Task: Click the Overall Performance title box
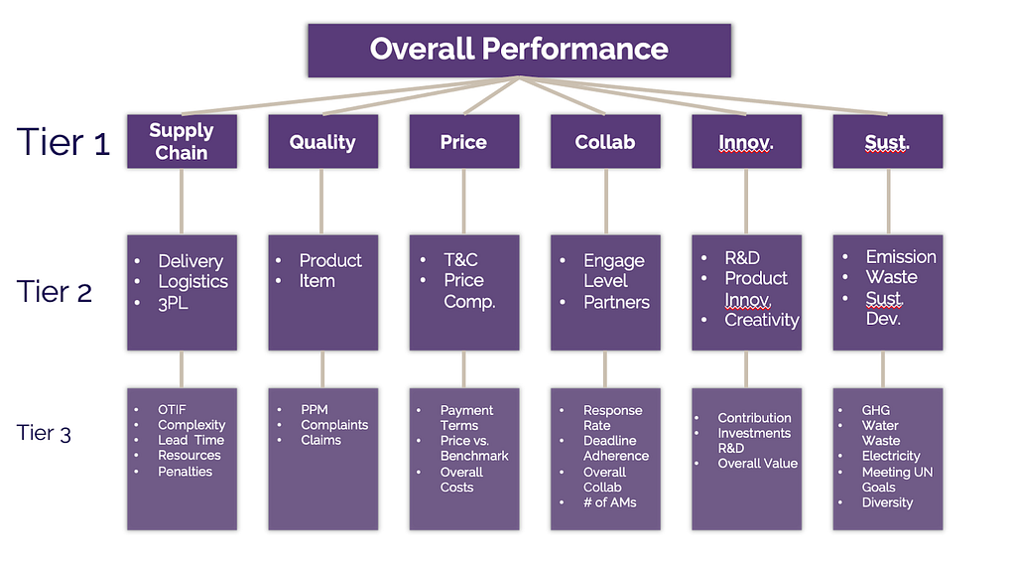tap(519, 51)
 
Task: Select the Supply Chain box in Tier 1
tap(183, 141)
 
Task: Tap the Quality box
tap(322, 141)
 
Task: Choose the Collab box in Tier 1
tap(605, 141)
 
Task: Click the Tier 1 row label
tap(63, 142)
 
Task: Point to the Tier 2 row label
tap(55, 292)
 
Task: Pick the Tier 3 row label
tap(44, 432)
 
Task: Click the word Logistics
tap(193, 282)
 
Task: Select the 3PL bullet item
tap(173, 303)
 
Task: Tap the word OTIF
tap(172, 410)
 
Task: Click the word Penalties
tap(185, 472)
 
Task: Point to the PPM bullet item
tap(315, 410)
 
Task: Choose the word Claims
tap(320, 440)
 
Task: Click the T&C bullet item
tap(460, 260)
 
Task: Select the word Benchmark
tap(474, 456)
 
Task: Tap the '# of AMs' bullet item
tap(610, 502)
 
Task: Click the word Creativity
tap(761, 321)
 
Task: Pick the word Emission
tap(901, 257)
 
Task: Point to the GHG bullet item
tap(875, 410)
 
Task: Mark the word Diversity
tap(887, 503)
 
